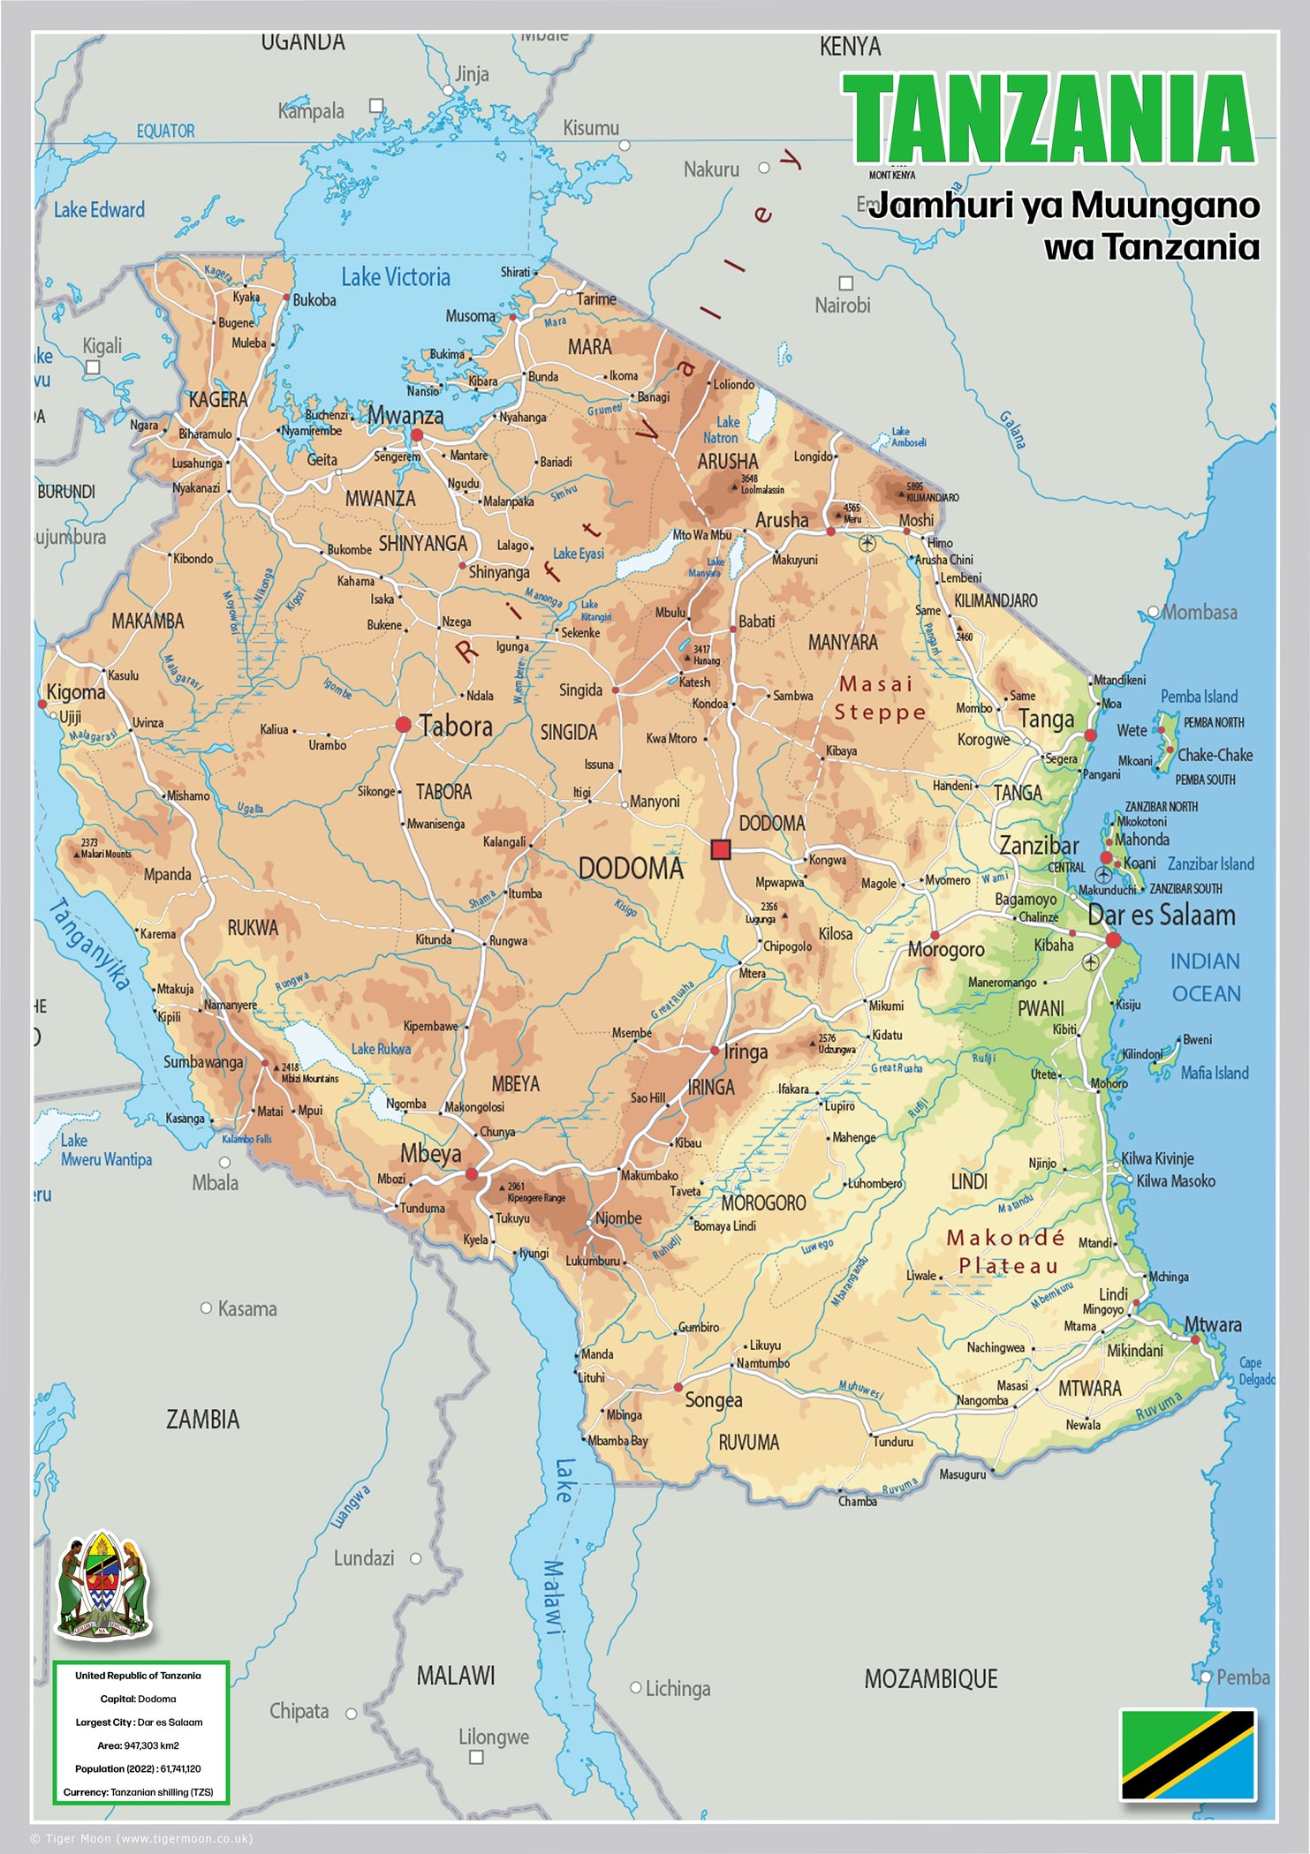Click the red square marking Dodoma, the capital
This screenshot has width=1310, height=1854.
point(721,849)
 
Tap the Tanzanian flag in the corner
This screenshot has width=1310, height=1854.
point(1187,1754)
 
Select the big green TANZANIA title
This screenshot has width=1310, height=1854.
point(1049,120)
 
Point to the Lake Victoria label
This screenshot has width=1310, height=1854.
point(396,277)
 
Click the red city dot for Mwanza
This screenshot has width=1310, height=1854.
point(417,435)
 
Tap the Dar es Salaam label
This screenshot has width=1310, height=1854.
point(1161,916)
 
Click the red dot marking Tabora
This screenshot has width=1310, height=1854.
point(403,725)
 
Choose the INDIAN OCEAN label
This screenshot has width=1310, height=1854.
point(1205,977)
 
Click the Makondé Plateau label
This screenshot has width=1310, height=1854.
point(1007,1252)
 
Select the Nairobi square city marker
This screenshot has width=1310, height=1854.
point(845,283)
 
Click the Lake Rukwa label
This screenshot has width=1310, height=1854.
point(381,1049)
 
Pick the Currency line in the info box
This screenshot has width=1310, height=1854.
point(139,1792)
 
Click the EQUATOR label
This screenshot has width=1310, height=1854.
point(165,132)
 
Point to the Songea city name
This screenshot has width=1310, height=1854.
point(713,1400)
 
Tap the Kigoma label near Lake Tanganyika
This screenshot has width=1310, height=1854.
point(76,692)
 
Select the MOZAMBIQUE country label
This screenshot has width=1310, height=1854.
point(930,1679)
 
